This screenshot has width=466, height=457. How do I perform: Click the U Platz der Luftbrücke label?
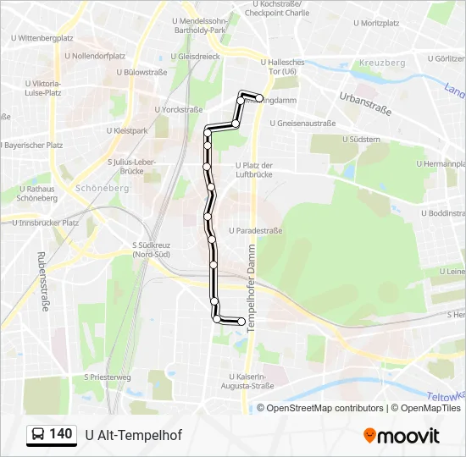(253, 169)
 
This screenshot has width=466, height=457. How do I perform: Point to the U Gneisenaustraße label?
(302, 123)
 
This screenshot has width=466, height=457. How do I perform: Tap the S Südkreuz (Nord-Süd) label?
(153, 251)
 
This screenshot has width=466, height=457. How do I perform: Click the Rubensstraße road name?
(42, 281)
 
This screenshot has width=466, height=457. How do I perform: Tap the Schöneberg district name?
(102, 188)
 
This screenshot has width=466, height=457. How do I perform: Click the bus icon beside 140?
(38, 435)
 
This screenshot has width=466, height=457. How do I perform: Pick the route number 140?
(60, 434)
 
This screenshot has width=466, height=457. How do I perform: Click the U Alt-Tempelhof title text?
(133, 435)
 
